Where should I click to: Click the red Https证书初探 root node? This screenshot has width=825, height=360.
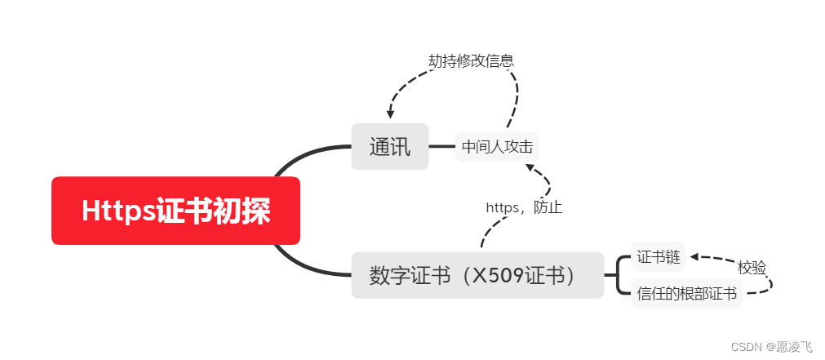[x=175, y=211]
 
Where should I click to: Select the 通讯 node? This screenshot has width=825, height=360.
[x=390, y=147]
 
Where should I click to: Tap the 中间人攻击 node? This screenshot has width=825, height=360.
[x=497, y=147]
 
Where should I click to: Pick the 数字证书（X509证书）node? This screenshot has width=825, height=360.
[x=477, y=275]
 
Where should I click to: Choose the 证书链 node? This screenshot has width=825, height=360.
[x=658, y=257]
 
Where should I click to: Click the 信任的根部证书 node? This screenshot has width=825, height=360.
[x=686, y=293]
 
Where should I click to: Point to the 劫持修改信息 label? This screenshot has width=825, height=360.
[x=471, y=60]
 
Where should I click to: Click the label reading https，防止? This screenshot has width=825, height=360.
[x=524, y=207]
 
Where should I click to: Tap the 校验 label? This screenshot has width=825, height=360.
[x=752, y=267]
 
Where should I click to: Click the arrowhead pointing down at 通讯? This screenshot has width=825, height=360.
[x=391, y=115]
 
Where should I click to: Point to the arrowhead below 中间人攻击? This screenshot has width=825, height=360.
[x=530, y=167]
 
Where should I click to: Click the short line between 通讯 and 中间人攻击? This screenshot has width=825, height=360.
[x=441, y=147]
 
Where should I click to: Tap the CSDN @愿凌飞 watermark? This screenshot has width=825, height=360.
[x=771, y=346]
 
